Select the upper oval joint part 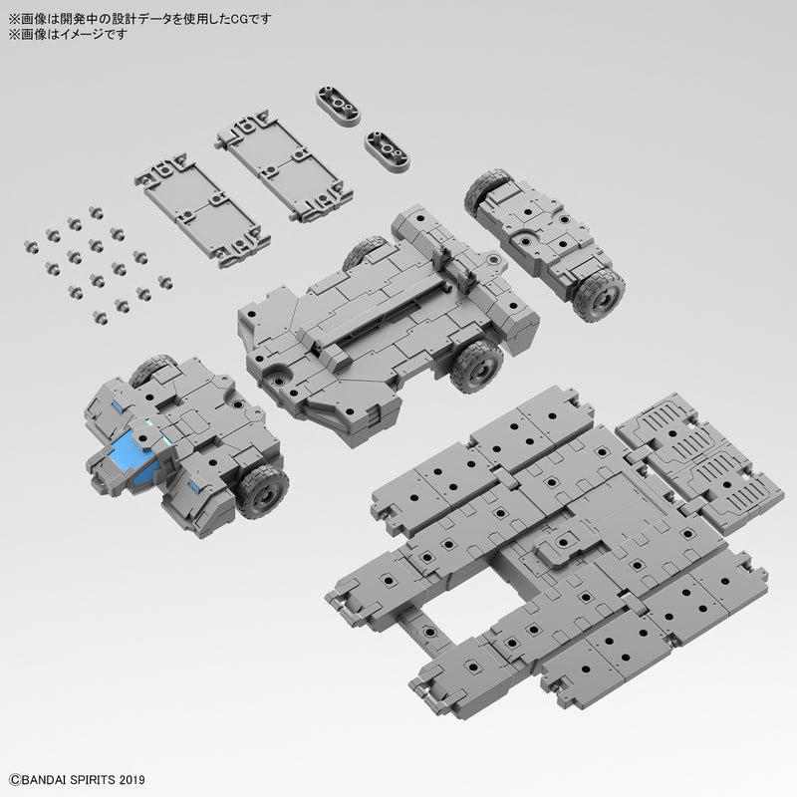pos(339,103)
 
